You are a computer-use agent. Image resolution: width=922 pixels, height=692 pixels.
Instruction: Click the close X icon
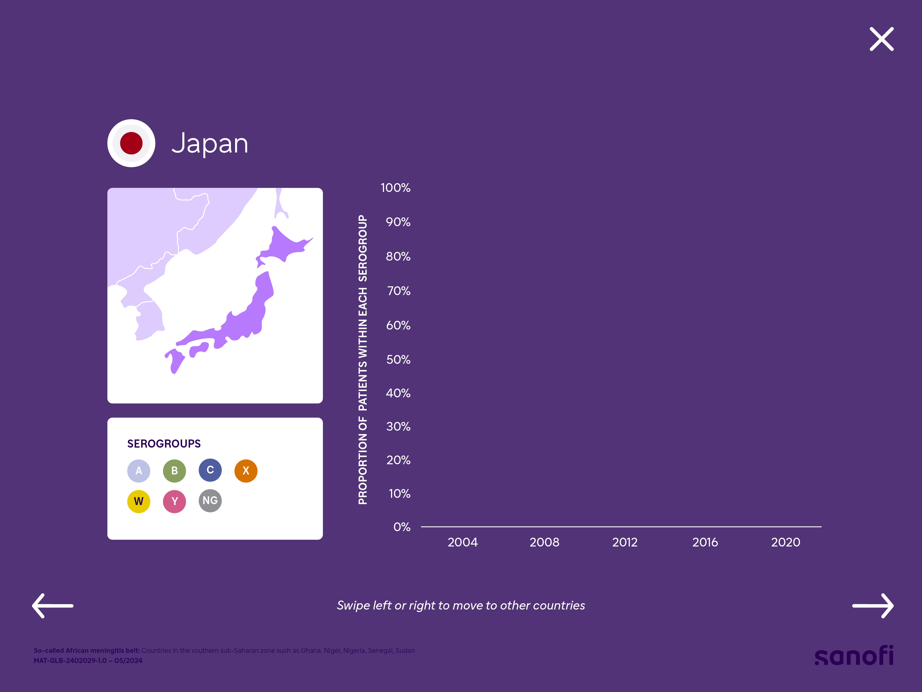click(x=881, y=39)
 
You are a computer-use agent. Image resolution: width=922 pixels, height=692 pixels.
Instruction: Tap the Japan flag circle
click(x=131, y=143)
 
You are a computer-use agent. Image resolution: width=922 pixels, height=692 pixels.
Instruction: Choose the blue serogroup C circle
click(x=210, y=470)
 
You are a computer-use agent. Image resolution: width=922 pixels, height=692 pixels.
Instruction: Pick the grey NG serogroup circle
click(x=210, y=501)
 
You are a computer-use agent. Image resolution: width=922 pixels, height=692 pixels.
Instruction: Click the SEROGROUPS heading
click(x=164, y=443)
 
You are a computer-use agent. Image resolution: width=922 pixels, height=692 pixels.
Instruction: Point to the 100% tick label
click(x=395, y=188)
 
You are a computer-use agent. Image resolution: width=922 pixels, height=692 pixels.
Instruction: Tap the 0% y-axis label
click(x=402, y=527)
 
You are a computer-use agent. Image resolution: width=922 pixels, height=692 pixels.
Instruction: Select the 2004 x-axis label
click(x=463, y=542)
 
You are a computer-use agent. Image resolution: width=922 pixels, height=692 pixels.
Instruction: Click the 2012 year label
click(x=625, y=542)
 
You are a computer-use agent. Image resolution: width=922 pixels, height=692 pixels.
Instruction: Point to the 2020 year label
click(x=786, y=542)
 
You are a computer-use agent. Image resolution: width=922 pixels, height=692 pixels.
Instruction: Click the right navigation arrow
click(x=873, y=606)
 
